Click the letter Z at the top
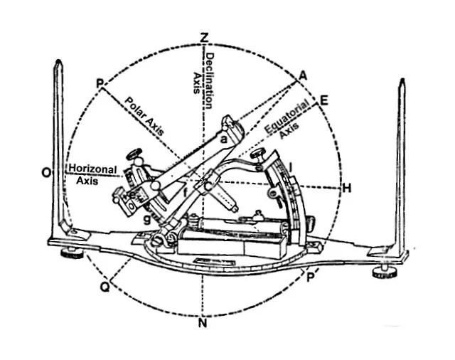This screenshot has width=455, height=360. pos(205,38)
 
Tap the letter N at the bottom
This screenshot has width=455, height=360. pos(203,323)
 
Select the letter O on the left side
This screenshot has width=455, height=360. pos(46,173)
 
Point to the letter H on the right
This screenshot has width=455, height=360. pos(347,189)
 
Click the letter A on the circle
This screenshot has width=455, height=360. pos(303,76)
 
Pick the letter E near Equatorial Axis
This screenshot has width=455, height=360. pos(323,101)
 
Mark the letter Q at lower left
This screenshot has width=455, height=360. pos(105,287)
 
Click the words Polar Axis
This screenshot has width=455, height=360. pos(144,116)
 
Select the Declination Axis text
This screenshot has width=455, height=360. pos(203,80)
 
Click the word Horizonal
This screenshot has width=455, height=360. pos(93,169)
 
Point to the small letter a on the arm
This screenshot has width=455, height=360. pos(224,139)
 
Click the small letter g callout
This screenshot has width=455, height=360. pos(148,219)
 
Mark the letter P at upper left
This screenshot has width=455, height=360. pos(100,84)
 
